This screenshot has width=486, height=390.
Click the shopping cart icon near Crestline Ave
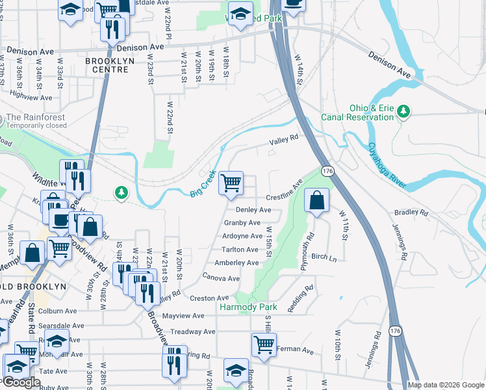231,183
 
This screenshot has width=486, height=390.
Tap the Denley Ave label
253,210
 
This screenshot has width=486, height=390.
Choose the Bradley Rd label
411,213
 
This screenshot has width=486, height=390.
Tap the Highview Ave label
31,96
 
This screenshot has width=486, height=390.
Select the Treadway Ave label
192,331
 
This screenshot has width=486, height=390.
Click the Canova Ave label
222,278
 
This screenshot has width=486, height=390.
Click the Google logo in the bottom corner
21,383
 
